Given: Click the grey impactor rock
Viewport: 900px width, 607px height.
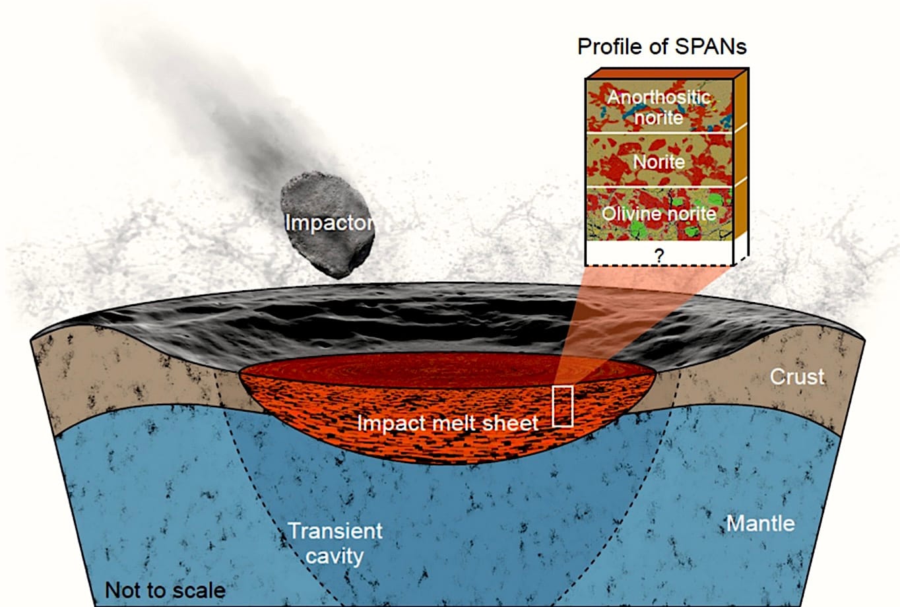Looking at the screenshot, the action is pyautogui.click(x=327, y=225).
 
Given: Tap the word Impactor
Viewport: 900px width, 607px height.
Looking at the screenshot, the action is pyautogui.click(x=329, y=222).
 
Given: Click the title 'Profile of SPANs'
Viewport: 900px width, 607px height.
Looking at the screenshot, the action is pyautogui.click(x=662, y=47).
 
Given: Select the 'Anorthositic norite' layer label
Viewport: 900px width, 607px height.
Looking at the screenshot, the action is pyautogui.click(x=659, y=108).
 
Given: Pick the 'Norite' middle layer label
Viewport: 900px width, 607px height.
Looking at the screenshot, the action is pyautogui.click(x=659, y=162).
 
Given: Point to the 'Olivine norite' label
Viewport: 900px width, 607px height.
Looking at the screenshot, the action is pyautogui.click(x=659, y=214).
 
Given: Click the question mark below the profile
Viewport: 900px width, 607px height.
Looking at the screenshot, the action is pyautogui.click(x=659, y=255).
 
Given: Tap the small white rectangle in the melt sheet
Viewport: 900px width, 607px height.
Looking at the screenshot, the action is pyautogui.click(x=562, y=406).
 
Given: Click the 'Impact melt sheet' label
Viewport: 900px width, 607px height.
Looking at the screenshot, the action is pyautogui.click(x=447, y=423).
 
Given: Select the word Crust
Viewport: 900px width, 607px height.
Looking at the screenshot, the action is pyautogui.click(x=797, y=377).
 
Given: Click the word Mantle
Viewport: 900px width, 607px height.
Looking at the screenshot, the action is pyautogui.click(x=761, y=523).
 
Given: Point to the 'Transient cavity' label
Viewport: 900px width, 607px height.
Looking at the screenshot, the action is pyautogui.click(x=335, y=544).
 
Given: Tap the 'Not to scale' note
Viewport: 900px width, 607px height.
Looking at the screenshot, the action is pyautogui.click(x=165, y=591).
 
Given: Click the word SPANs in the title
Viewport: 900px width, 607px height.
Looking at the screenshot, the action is pyautogui.click(x=711, y=47).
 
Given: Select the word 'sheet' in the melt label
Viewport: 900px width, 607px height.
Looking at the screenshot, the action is pyautogui.click(x=510, y=423).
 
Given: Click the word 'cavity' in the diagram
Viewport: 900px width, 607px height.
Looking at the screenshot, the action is pyautogui.click(x=335, y=556).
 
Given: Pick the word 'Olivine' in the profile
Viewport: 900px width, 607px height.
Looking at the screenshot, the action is pyautogui.click(x=631, y=214).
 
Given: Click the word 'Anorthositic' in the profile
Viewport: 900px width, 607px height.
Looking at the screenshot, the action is pyautogui.click(x=659, y=97).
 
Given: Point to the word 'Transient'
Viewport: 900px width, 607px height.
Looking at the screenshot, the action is pyautogui.click(x=335, y=531).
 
